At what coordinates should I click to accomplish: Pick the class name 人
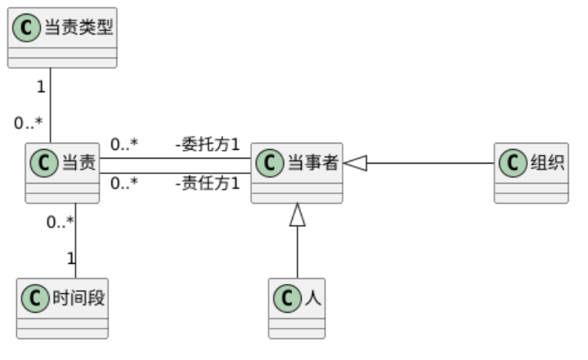click(x=312, y=298)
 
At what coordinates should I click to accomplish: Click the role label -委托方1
click(x=207, y=145)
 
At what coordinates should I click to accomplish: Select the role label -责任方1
click(x=207, y=183)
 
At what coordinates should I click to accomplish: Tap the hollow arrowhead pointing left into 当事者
click(x=355, y=163)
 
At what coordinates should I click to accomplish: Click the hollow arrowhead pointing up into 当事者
click(x=298, y=213)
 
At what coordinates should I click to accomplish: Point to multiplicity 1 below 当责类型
click(x=40, y=85)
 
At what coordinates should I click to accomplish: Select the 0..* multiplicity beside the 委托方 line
click(x=124, y=145)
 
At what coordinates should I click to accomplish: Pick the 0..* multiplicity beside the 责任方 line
click(x=124, y=183)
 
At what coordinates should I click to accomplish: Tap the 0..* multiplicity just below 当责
click(x=60, y=221)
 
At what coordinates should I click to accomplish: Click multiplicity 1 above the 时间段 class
click(x=71, y=258)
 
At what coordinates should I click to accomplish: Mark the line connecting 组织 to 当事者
click(x=429, y=163)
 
